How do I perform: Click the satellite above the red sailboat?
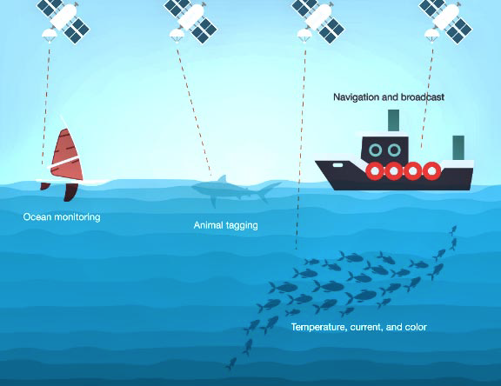(x=63, y=20)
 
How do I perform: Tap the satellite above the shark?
(x=190, y=20)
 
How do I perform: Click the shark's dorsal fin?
(x=222, y=178)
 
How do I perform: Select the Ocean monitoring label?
(x=62, y=217)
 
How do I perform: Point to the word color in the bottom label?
(x=416, y=327)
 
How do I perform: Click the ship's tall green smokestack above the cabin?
(x=393, y=120)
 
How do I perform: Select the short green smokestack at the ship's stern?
(x=458, y=148)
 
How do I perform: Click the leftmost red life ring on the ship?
(x=375, y=171)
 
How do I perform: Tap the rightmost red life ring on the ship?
(x=431, y=171)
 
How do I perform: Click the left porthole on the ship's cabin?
(x=375, y=150)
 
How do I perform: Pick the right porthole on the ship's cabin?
(x=394, y=150)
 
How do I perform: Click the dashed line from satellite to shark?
(x=194, y=112)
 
